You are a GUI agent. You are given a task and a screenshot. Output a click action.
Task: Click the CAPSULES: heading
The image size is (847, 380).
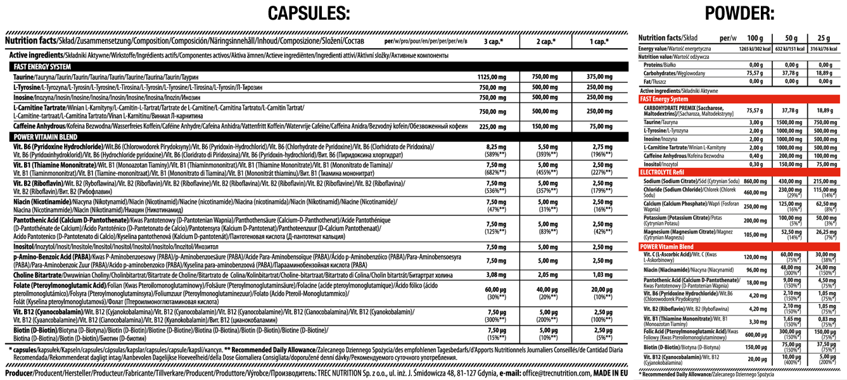pyautogui.click(x=309, y=13)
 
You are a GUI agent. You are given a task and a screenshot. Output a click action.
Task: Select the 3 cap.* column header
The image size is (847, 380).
pyautogui.click(x=494, y=42)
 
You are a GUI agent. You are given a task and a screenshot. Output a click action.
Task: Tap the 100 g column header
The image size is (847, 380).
pyautogui.click(x=755, y=38)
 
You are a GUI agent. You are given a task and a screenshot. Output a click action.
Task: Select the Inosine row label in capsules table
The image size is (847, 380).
pyautogui.click(x=23, y=97)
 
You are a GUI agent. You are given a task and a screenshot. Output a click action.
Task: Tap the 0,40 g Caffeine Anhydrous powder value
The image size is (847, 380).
pyautogui.click(x=755, y=155)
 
